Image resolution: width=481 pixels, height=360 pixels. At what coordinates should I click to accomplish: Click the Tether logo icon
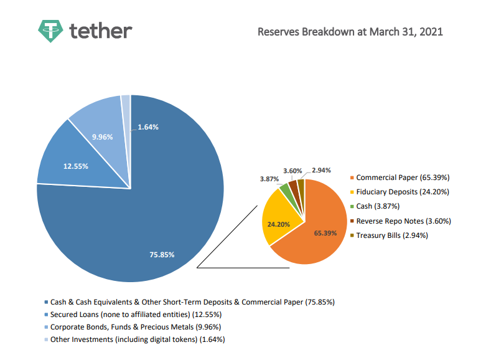pos(50,31)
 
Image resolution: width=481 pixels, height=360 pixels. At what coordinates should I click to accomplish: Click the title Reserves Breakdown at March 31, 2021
pos(350,31)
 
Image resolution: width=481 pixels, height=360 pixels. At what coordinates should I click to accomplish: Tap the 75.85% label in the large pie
pos(162,254)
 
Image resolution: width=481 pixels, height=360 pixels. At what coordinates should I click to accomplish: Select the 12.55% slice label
pos(75,166)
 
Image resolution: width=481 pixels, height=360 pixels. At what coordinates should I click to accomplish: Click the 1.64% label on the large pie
pos(148,127)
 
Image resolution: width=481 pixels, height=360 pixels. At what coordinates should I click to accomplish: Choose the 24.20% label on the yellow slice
pos(279,223)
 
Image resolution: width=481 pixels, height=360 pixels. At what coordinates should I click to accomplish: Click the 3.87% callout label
pos(269,179)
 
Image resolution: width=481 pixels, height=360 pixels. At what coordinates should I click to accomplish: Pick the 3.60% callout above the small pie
pos(292,170)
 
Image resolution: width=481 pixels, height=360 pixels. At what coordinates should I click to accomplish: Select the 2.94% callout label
pos(321,170)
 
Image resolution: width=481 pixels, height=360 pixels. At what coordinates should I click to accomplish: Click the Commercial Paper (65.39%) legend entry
pos(402,178)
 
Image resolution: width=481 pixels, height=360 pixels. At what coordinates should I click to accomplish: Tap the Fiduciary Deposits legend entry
pos(402,192)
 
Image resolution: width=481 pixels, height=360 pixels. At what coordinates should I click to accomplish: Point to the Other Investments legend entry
pos(137,339)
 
